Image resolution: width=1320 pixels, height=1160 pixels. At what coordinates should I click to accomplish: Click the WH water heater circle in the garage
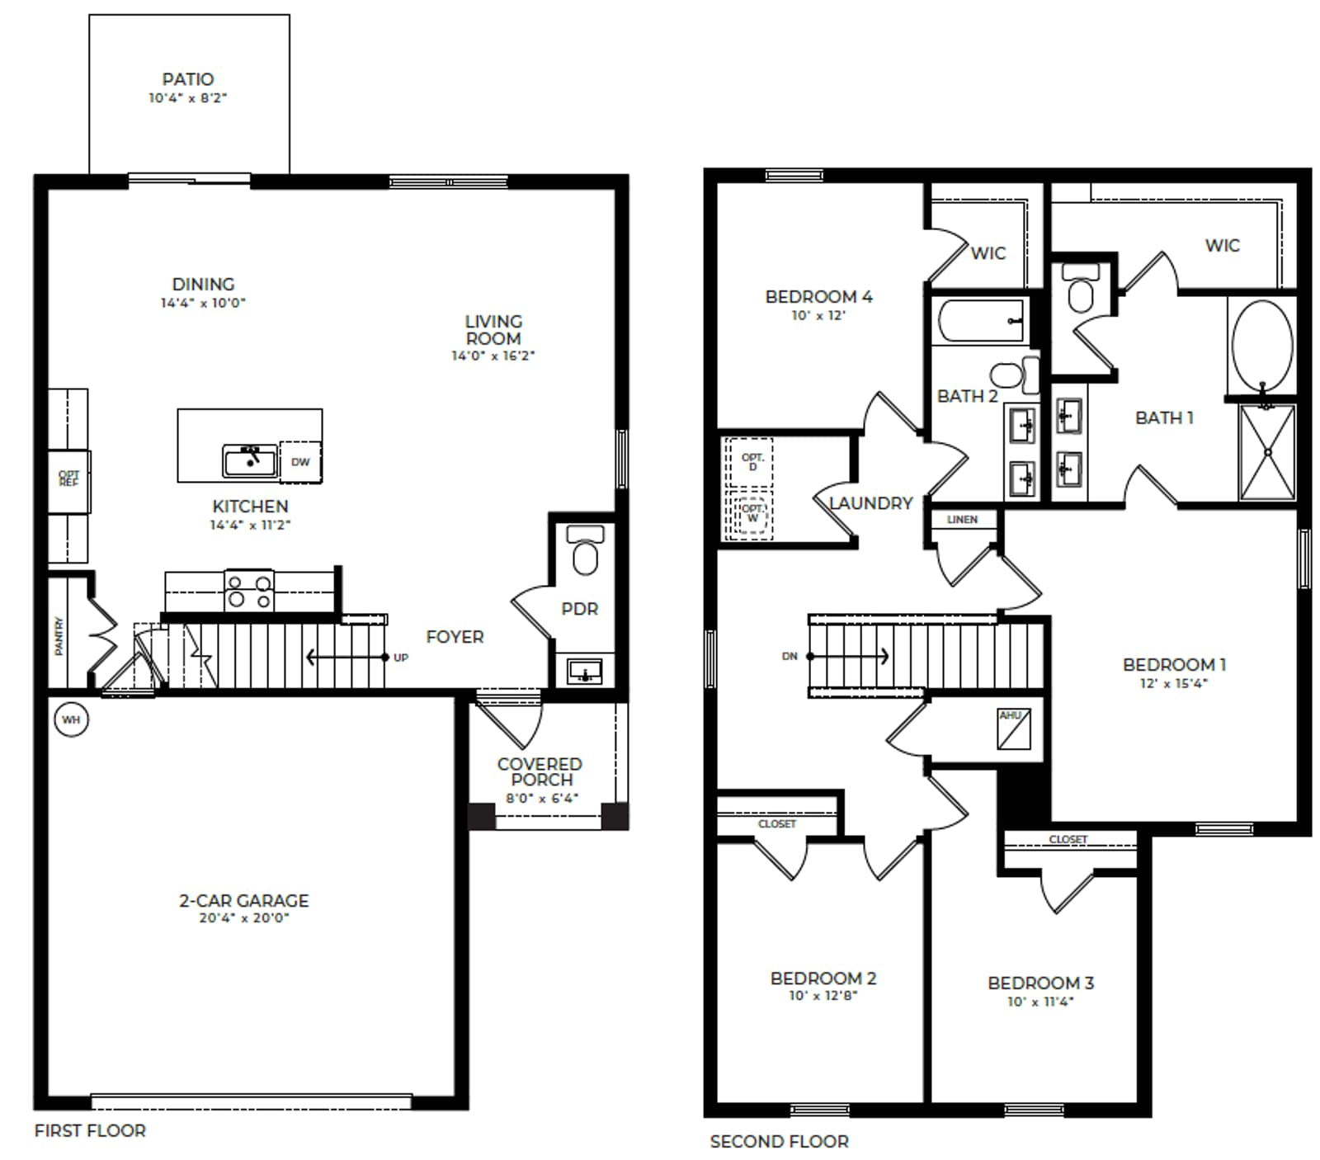tap(71, 719)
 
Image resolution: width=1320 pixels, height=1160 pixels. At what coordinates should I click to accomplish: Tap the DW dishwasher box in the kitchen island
tap(300, 462)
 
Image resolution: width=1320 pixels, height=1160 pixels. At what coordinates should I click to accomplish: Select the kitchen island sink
tap(250, 460)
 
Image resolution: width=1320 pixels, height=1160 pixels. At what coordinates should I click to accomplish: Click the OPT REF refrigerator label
tap(68, 479)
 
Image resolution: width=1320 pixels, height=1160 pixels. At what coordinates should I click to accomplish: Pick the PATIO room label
tap(188, 79)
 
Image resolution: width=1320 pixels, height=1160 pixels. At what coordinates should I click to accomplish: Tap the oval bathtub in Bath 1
tap(1262, 346)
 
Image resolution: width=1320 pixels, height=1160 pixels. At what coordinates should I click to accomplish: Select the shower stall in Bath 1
tap(1267, 452)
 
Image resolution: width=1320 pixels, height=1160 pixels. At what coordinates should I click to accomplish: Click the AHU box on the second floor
tap(1013, 729)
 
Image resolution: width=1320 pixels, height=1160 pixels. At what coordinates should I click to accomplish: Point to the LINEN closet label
tap(962, 520)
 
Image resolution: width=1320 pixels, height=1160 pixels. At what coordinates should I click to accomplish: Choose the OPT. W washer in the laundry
tap(752, 516)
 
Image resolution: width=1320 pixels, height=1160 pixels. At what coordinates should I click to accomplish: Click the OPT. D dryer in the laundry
tap(752, 463)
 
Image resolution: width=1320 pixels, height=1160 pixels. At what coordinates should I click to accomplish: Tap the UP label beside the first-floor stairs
tap(401, 658)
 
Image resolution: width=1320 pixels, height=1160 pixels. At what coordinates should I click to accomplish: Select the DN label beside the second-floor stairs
tap(790, 657)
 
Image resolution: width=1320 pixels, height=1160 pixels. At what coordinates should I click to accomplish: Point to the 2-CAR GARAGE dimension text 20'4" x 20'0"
tap(244, 917)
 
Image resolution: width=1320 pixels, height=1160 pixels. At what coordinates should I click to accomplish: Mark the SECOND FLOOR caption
tap(779, 1142)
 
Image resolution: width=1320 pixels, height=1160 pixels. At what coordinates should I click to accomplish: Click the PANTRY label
tap(59, 636)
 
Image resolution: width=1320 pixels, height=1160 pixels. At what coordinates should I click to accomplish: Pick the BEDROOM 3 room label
tap(1040, 983)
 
